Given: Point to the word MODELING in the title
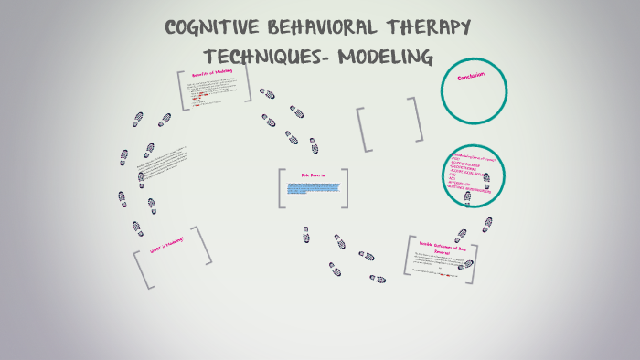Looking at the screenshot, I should [x=385, y=57].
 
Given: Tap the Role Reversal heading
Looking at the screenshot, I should [x=313, y=175].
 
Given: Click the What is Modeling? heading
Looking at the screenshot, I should [x=167, y=245].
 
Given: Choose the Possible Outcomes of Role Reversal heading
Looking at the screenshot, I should [x=443, y=247].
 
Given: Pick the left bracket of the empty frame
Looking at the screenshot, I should [x=363, y=129].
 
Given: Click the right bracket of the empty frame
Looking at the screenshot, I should [x=417, y=119].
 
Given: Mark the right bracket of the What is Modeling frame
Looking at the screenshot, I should [x=204, y=245].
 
